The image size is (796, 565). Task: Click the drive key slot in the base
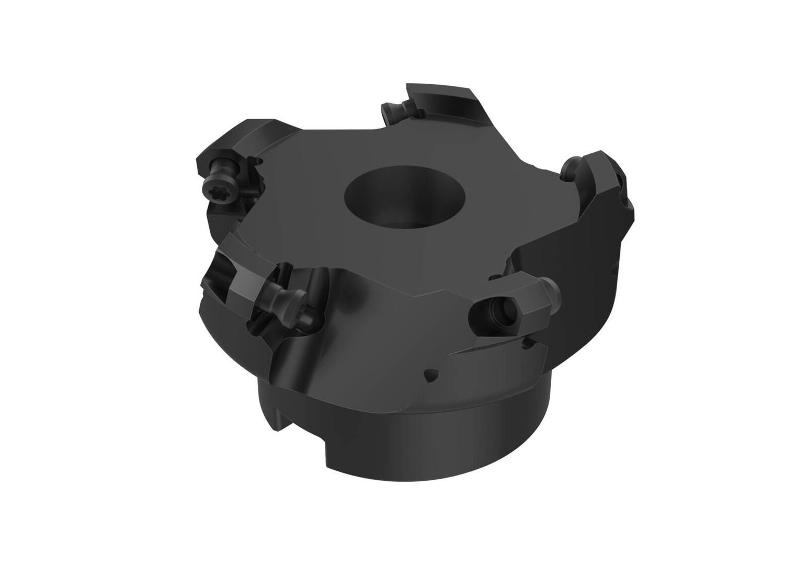(x=275, y=416)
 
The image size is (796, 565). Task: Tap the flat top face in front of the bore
(x=366, y=256)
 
